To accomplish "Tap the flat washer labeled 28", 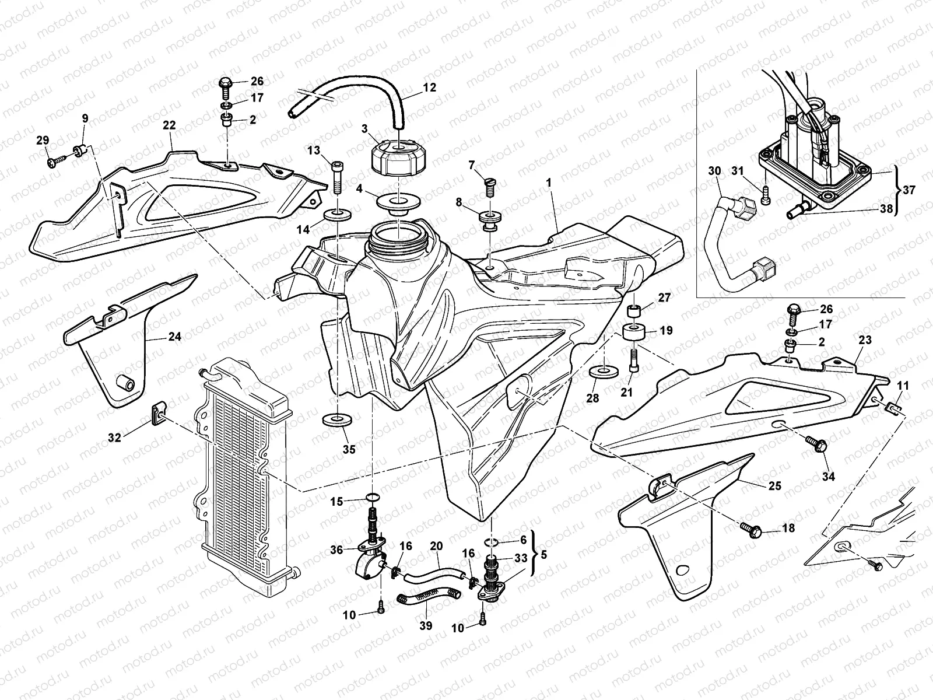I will pos(604,371).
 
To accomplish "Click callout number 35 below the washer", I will pos(349,450).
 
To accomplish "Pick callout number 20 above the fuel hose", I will pos(436,547).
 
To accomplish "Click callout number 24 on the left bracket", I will pos(175,337).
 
